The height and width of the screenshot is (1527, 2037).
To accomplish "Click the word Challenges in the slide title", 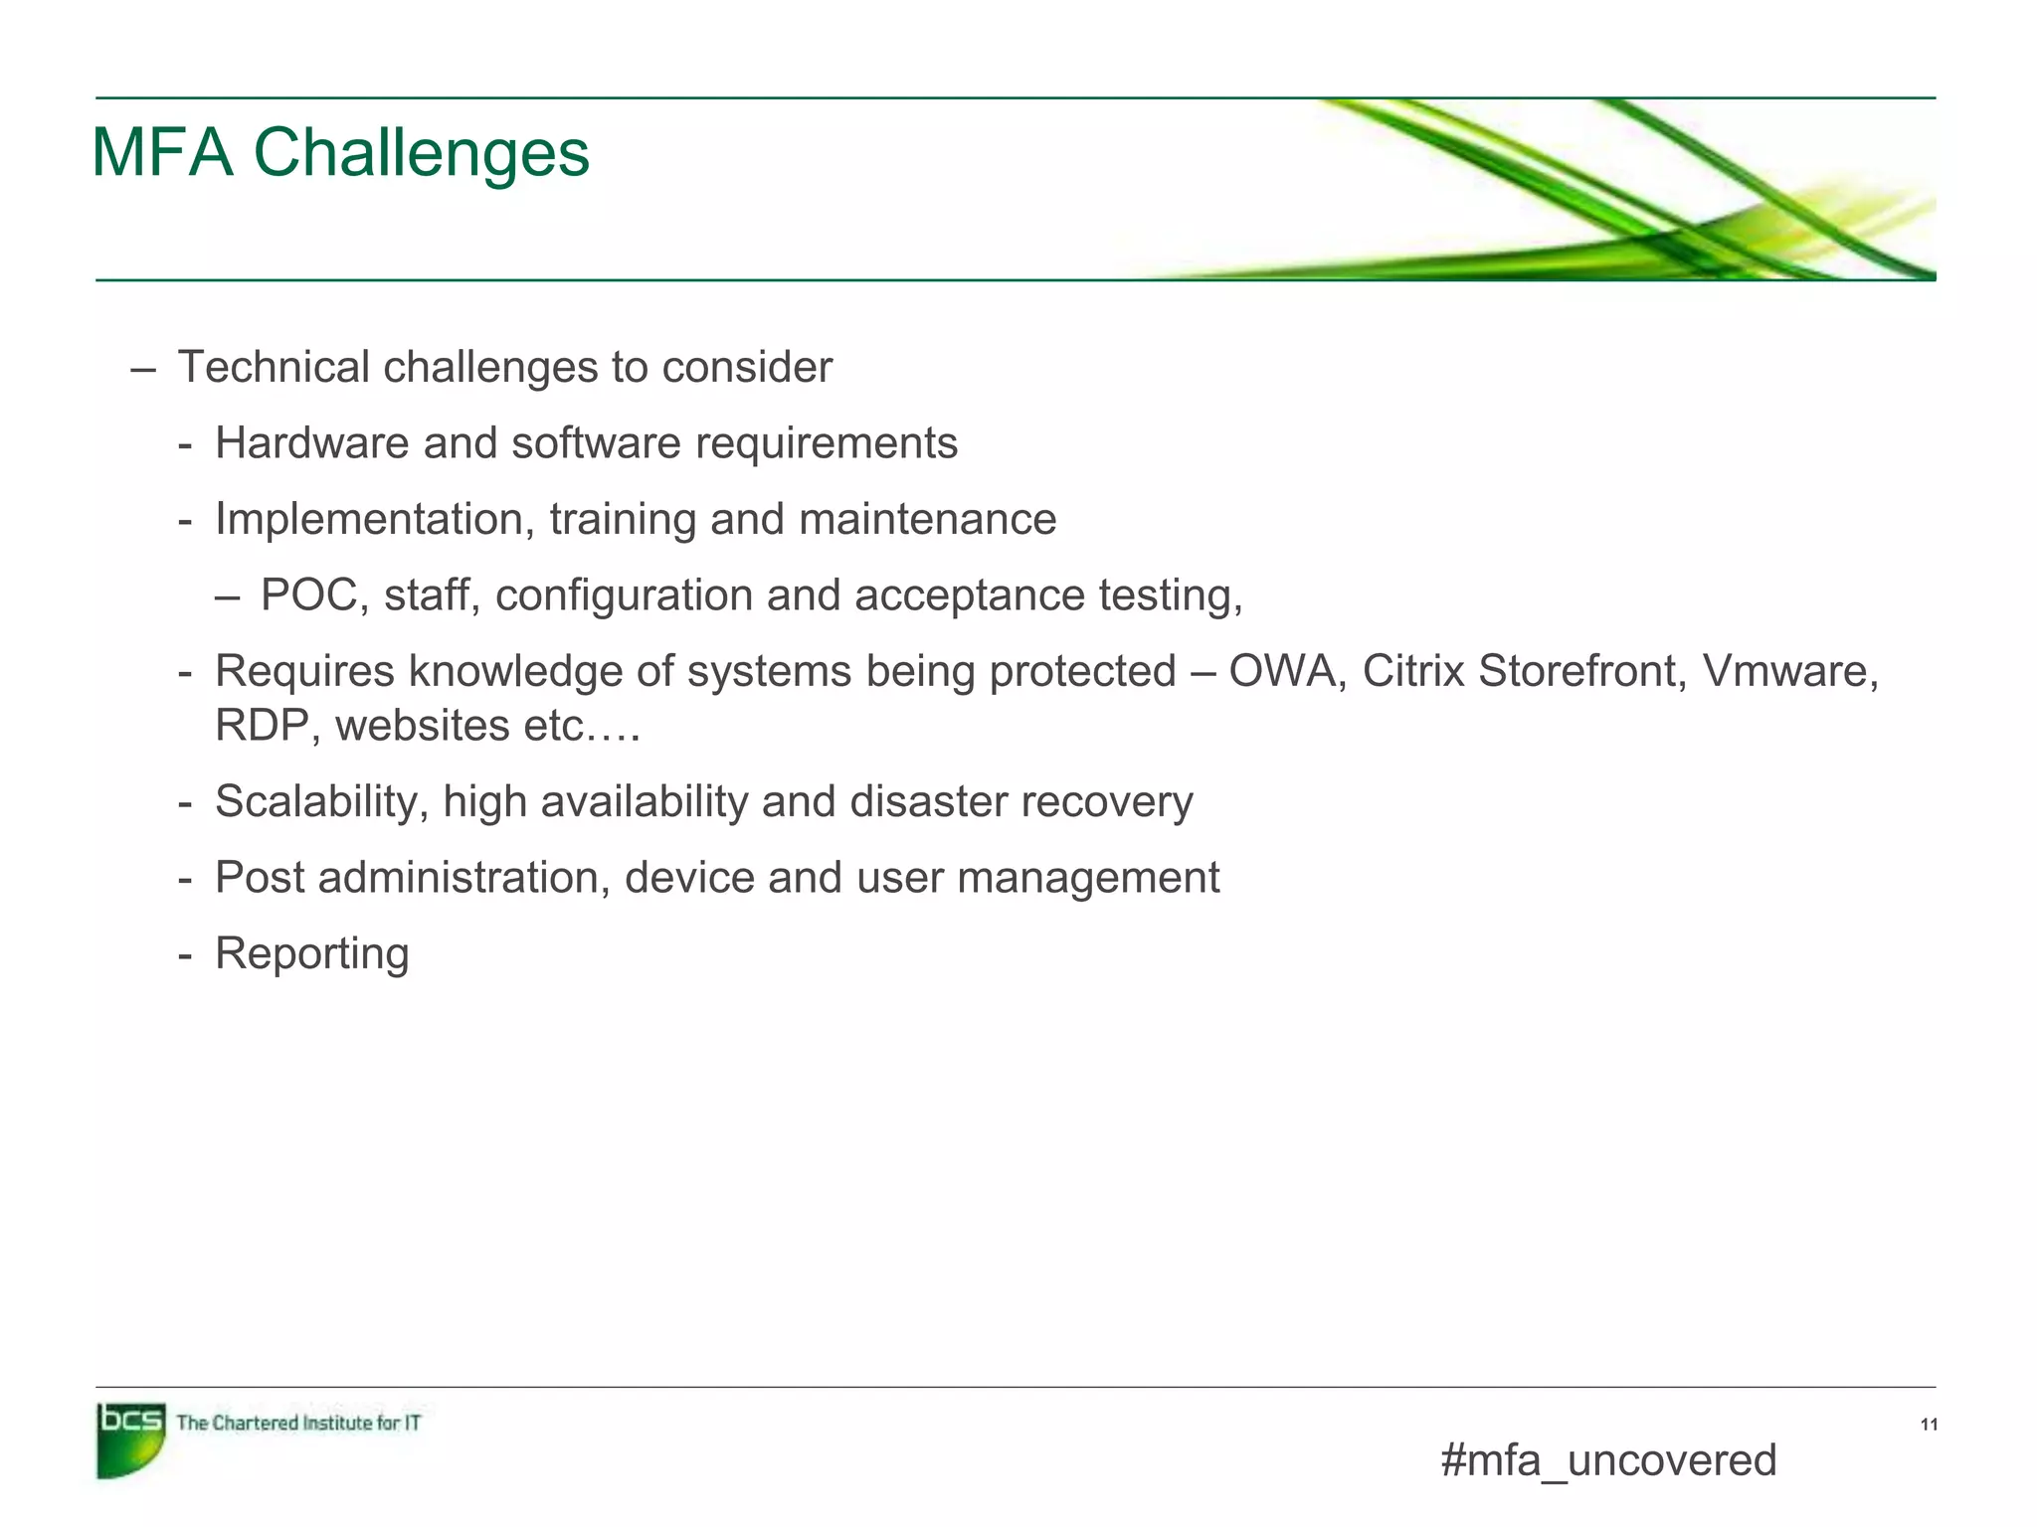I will (x=422, y=153).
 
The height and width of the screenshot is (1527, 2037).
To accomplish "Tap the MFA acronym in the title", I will (x=162, y=153).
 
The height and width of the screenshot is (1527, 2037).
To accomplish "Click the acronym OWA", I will (x=1287, y=671).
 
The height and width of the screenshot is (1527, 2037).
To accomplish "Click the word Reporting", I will (x=311, y=953).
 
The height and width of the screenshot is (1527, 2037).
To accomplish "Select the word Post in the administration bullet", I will (x=260, y=878).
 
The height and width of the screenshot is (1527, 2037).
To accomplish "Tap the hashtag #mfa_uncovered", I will (x=1607, y=1460).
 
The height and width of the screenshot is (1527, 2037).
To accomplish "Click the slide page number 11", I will (x=1929, y=1425).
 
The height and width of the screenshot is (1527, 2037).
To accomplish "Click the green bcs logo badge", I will (x=130, y=1439).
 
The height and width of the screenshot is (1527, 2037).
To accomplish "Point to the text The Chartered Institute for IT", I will (x=297, y=1423).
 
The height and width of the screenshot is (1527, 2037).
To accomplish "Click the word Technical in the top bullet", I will (x=274, y=368).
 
